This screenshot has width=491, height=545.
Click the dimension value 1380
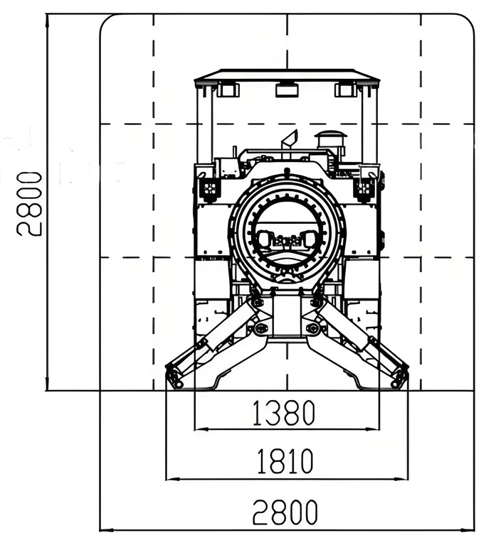pos(283,413)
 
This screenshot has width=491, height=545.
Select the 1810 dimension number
pos(285,461)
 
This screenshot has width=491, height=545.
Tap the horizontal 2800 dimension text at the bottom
pos(285,512)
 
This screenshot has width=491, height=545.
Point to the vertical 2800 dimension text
pos(29,204)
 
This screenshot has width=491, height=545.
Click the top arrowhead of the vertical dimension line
pos(47,21)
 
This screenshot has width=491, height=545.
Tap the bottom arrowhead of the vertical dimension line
pos(47,384)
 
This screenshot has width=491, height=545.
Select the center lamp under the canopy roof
pos(287,90)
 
